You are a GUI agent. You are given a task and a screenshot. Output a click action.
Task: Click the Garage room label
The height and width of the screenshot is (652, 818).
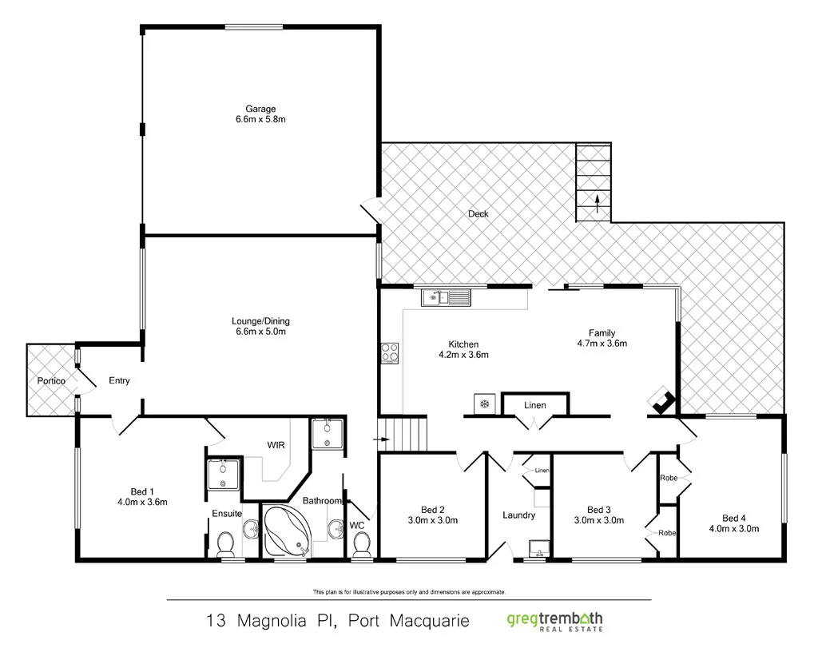[x=260, y=109]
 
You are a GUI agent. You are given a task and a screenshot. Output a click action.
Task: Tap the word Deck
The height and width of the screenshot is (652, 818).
[x=478, y=213]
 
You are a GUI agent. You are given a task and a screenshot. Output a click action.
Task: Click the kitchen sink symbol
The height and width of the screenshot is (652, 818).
[x=447, y=298]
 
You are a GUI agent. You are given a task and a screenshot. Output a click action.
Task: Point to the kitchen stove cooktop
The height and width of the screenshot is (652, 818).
[x=389, y=352]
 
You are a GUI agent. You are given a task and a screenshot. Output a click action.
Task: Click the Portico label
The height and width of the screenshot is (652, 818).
[x=51, y=381]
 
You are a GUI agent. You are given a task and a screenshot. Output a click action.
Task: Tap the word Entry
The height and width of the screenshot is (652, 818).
[x=119, y=381]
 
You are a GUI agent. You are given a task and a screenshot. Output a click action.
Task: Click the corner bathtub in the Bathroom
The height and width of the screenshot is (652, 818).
[x=289, y=531]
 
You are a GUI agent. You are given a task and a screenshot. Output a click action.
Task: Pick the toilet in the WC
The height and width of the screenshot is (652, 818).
[x=361, y=543]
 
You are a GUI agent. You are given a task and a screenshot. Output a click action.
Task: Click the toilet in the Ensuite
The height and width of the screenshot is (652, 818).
[x=225, y=543]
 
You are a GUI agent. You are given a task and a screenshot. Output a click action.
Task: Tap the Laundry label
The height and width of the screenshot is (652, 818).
[x=519, y=515]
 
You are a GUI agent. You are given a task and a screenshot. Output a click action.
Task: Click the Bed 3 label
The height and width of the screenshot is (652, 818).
[x=598, y=510]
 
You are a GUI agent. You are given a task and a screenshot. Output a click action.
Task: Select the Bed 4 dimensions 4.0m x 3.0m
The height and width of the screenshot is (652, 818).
[x=733, y=528]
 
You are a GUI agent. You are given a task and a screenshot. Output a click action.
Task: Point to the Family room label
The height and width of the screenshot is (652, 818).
[x=602, y=333]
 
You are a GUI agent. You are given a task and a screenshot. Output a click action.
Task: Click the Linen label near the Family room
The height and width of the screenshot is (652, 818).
[x=535, y=406]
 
